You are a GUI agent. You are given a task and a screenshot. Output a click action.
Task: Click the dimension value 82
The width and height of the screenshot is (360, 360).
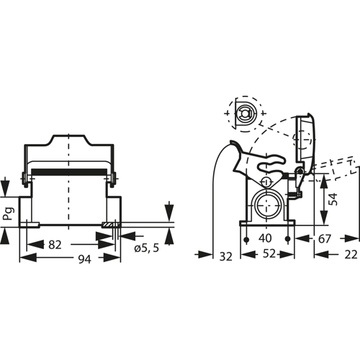click(x=55, y=245)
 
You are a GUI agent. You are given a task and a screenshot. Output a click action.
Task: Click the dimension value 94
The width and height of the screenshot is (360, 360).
click(x=85, y=259)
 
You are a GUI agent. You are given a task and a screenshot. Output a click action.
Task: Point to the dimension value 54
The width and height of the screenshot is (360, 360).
click(x=333, y=199)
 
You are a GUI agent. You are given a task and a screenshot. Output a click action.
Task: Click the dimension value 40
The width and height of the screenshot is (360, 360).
click(x=265, y=238)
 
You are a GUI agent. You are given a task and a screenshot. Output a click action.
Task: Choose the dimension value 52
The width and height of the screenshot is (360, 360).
click(x=269, y=253)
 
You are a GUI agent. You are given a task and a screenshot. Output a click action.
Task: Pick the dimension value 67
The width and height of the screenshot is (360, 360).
click(x=325, y=239)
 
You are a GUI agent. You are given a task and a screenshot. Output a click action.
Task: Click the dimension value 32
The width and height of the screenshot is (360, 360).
click(x=226, y=257)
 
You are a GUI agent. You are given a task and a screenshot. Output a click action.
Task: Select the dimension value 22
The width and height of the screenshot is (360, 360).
click(x=351, y=255)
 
